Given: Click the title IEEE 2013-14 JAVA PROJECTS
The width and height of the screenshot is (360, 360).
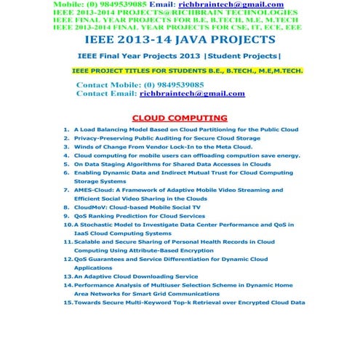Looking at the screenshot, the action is point(180,39).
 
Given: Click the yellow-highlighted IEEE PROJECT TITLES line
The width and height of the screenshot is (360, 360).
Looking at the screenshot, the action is point(187,71).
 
